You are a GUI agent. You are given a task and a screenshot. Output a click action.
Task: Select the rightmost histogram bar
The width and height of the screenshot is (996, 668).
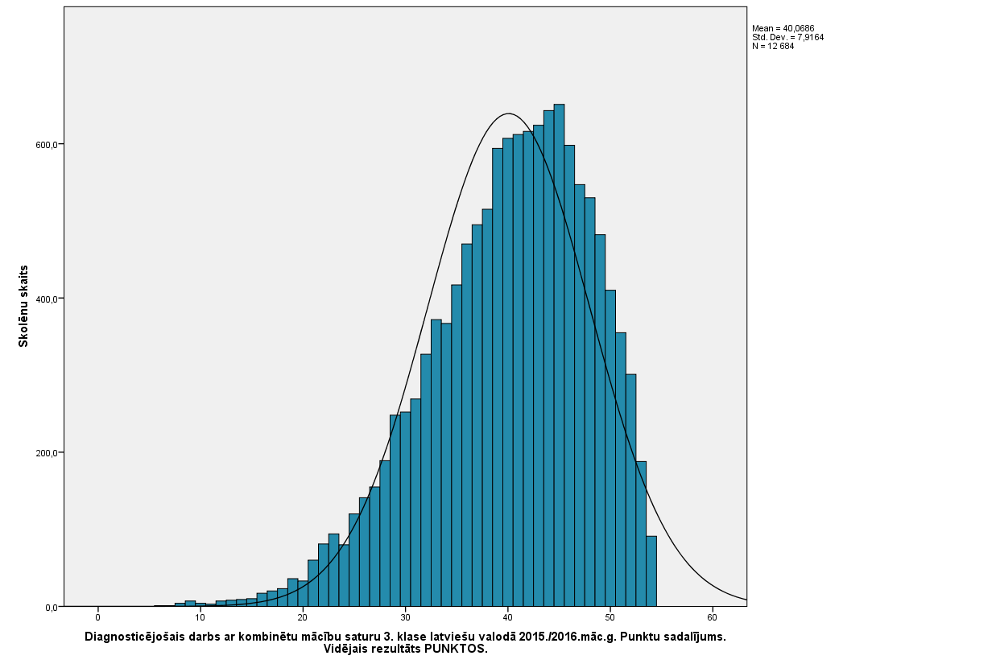pos(651,571)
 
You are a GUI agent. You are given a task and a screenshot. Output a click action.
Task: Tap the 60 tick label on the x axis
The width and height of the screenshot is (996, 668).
pos(713,618)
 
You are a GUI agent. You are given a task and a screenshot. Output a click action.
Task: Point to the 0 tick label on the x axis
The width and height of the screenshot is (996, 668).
pos(97,618)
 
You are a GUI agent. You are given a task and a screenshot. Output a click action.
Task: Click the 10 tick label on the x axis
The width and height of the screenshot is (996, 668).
pos(200,618)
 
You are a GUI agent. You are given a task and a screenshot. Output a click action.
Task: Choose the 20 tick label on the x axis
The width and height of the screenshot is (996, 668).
pos(303,618)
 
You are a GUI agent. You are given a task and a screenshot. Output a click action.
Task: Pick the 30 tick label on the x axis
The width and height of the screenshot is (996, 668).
pos(405,618)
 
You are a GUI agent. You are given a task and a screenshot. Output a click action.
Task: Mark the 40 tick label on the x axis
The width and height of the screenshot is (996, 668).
pos(507,618)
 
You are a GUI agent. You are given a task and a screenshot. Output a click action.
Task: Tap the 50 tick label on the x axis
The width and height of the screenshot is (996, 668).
pos(610,618)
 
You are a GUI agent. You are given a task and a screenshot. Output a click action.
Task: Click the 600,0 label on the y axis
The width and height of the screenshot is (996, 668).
pos(43,145)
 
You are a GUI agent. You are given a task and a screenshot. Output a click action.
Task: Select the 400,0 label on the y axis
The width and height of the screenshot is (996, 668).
pos(43,299)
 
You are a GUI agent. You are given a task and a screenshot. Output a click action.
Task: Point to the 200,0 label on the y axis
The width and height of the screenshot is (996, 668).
pos(43,452)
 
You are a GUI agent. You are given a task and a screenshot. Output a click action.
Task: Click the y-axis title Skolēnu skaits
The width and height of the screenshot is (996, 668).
pos(24,306)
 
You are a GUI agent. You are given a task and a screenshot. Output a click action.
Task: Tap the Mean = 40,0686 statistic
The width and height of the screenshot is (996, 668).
pos(783,28)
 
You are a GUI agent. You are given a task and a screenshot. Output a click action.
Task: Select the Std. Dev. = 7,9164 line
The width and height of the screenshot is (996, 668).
pos(787,37)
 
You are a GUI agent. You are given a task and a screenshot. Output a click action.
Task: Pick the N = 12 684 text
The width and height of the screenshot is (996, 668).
pos(773,46)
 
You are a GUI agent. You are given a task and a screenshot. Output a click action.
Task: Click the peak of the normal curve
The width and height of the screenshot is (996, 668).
pos(508,113)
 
